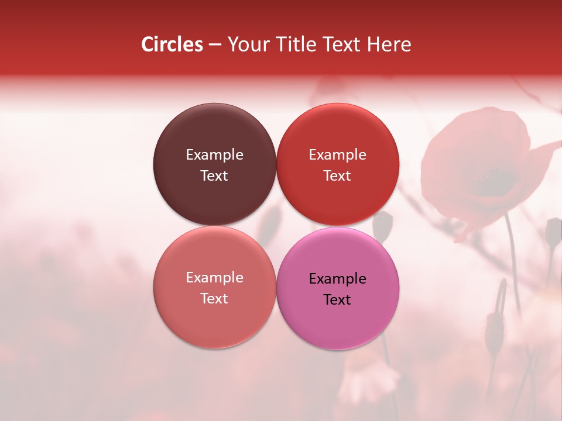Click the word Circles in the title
172,44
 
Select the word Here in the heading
389,44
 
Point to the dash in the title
215,45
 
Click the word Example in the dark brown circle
214,154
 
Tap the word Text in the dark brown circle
214,175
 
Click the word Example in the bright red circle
337,154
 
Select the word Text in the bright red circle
337,175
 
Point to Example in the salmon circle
214,278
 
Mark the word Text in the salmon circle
214,298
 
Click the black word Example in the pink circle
337,278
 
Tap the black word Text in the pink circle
337,299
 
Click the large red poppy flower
480,170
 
